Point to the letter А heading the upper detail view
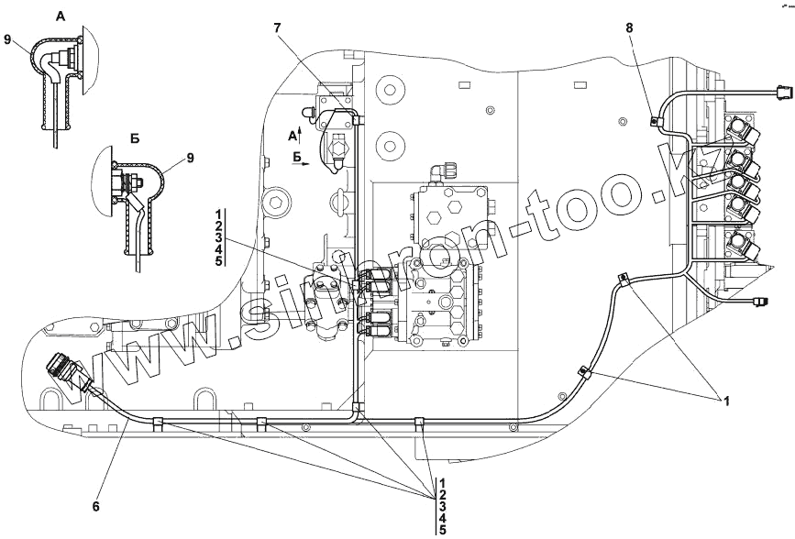(x=61, y=16)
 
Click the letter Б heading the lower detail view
(x=134, y=139)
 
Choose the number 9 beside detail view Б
(x=191, y=158)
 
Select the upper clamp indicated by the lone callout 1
(x=624, y=280)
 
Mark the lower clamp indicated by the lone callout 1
(x=583, y=373)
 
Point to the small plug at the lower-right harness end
(x=759, y=301)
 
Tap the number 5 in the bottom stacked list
(x=442, y=529)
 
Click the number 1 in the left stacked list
(x=218, y=214)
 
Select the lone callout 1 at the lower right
(x=727, y=400)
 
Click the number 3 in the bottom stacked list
(x=442, y=505)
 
